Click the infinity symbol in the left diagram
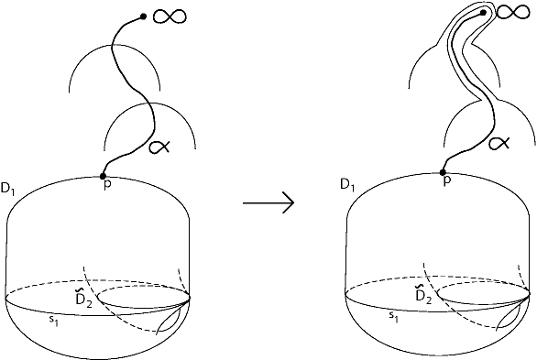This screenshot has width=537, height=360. pos(171,16)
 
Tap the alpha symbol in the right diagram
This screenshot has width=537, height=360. pos(499,143)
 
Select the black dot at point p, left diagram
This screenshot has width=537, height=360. pos(103,175)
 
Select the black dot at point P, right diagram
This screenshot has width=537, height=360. pos(443,172)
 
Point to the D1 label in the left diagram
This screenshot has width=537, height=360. pos(9,190)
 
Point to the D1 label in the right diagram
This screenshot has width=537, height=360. pos(347,186)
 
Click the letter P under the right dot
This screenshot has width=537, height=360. pos(446,182)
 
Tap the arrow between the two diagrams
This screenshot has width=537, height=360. pos(268,202)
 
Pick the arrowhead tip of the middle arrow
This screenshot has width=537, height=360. pos(292,202)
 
